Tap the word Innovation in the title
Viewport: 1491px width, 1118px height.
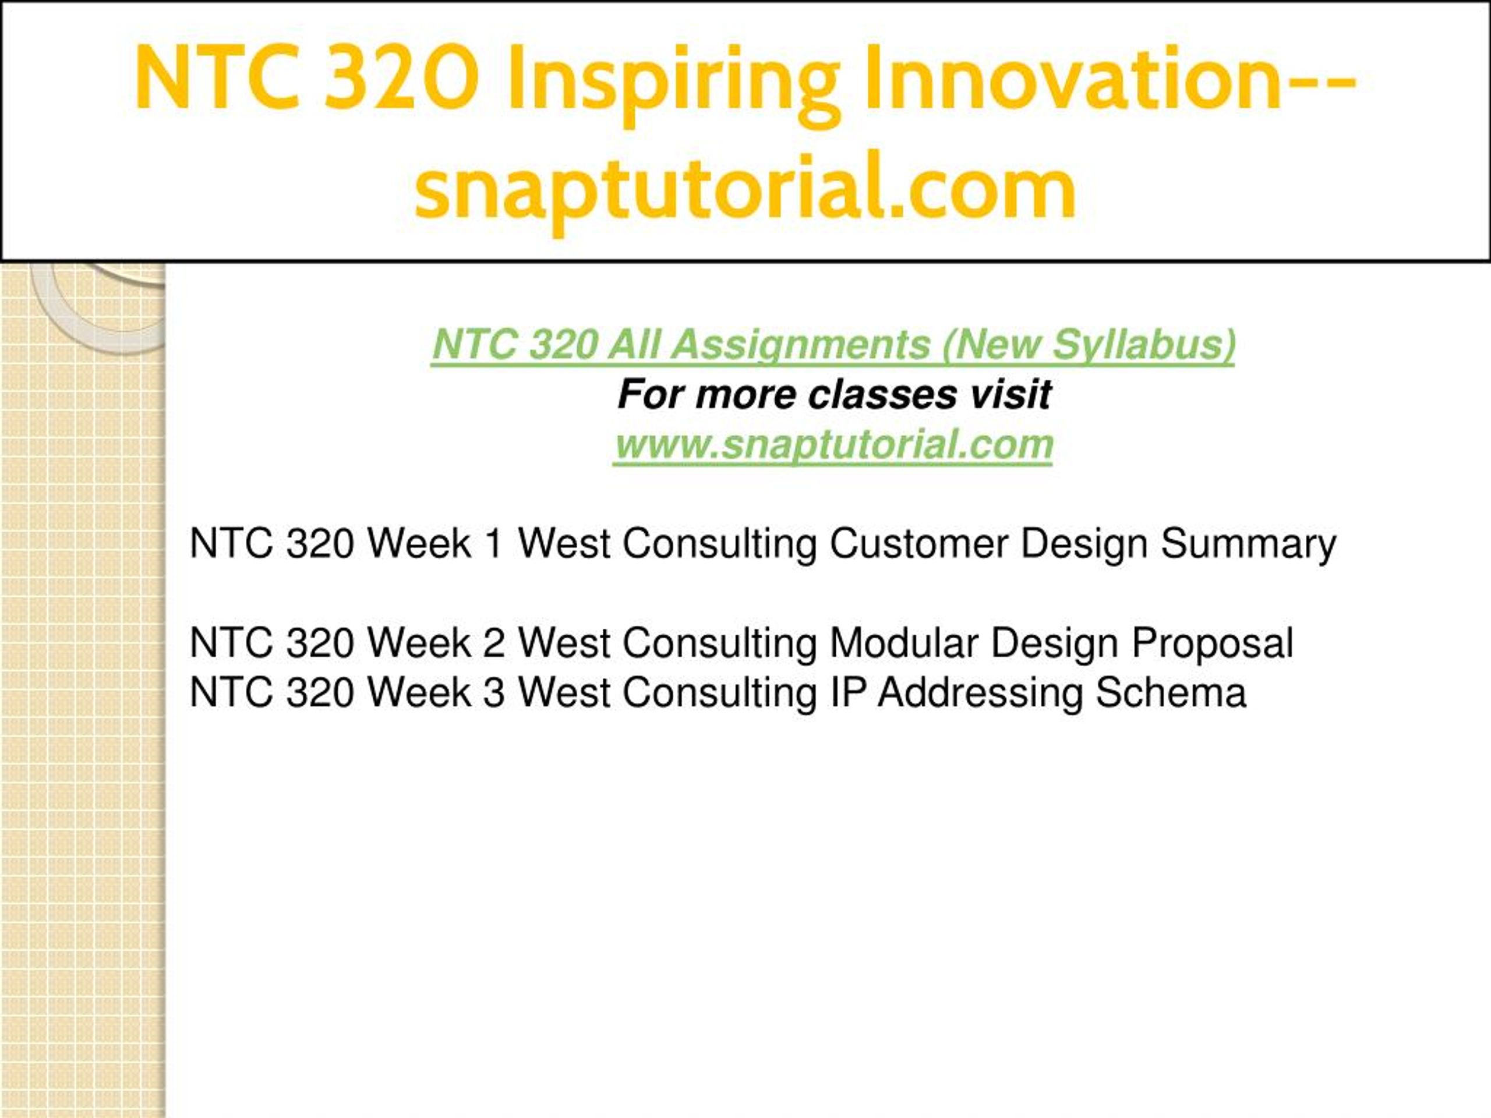[1073, 77]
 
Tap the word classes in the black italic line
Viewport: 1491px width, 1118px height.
[883, 394]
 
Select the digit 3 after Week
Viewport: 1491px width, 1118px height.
[494, 692]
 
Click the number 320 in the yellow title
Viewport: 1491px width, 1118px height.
[402, 77]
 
